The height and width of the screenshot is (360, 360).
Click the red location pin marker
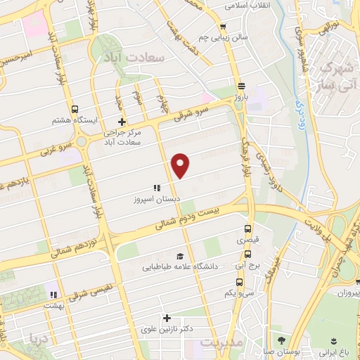click(x=181, y=165)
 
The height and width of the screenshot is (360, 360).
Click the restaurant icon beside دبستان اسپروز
click(x=157, y=188)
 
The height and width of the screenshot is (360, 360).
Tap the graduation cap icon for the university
click(x=180, y=256)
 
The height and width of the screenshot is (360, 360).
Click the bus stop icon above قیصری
click(x=247, y=229)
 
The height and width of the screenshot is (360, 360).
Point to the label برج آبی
click(x=247, y=267)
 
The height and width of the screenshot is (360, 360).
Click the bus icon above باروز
click(x=241, y=82)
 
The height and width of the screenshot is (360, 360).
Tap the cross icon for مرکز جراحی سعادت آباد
click(x=122, y=122)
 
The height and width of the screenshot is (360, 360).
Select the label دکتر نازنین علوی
click(x=167, y=329)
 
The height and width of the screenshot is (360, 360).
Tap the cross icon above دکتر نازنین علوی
click(x=167, y=318)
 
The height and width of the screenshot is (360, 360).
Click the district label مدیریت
click(x=221, y=342)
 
